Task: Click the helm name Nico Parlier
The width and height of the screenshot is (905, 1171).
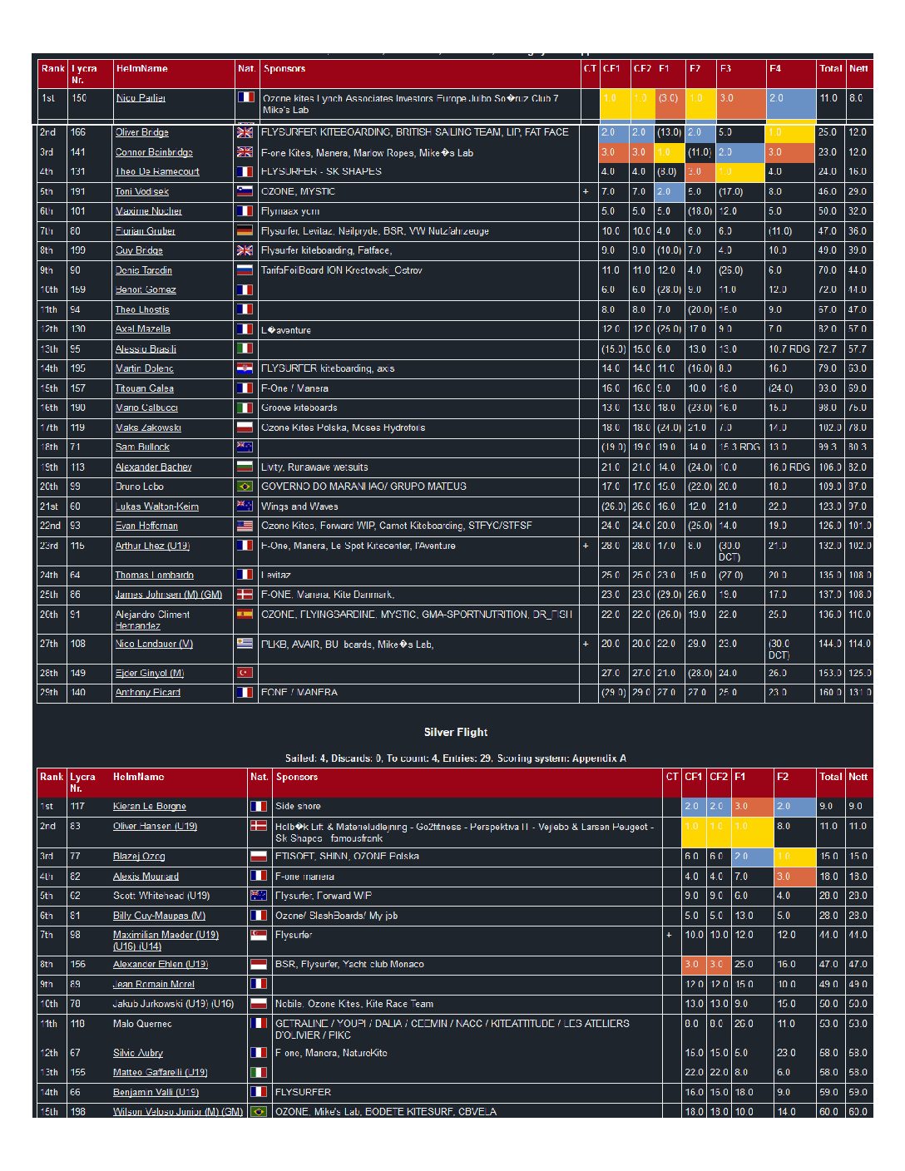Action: pos(141,98)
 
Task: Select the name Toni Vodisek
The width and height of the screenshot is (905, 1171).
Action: pos(141,191)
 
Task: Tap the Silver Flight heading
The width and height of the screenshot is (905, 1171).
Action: pos(455,732)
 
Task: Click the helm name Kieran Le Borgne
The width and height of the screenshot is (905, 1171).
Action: pos(149,806)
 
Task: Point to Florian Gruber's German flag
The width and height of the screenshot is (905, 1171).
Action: pos(245,230)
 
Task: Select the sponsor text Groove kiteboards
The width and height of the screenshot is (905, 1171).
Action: pos(299,408)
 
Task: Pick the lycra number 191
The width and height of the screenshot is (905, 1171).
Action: pos(78,191)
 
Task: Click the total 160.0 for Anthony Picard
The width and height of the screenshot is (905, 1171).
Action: pos(828,692)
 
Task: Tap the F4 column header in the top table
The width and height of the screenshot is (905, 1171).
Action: pos(775,68)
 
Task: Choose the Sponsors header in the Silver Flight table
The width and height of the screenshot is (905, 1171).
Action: pos(297,777)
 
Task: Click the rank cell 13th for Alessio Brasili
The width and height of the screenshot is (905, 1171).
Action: pos(49,348)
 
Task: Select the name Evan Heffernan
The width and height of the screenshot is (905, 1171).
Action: pos(146,526)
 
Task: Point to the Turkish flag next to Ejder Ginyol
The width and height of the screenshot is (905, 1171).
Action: pos(245,672)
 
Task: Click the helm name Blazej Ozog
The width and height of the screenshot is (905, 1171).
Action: pos(139,856)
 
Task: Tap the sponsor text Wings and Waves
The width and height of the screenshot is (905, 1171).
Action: pos(299,506)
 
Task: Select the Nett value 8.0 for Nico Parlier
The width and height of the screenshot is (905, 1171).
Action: pos(856,98)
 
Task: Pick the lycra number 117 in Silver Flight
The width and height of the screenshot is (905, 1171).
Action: pos(77,806)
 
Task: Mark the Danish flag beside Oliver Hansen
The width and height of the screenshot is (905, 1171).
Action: pos(259,826)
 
